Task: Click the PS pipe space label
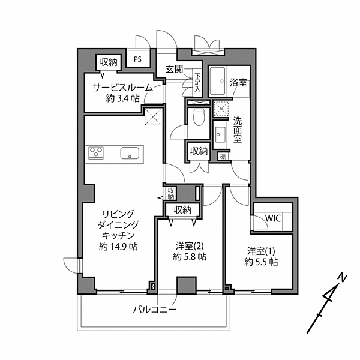138,59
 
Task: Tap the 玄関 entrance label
175,69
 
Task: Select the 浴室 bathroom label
238,82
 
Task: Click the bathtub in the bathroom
217,81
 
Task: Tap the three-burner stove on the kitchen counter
96,152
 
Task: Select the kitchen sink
130,153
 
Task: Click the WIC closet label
273,218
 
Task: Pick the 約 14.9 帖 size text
118,247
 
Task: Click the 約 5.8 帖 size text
190,256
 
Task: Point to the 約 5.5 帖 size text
261,262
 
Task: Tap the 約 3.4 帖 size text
123,98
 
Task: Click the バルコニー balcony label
155,310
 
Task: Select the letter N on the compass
343,278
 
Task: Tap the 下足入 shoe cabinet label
197,82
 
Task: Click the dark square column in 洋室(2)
187,286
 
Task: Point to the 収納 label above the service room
109,62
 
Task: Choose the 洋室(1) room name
261,251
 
